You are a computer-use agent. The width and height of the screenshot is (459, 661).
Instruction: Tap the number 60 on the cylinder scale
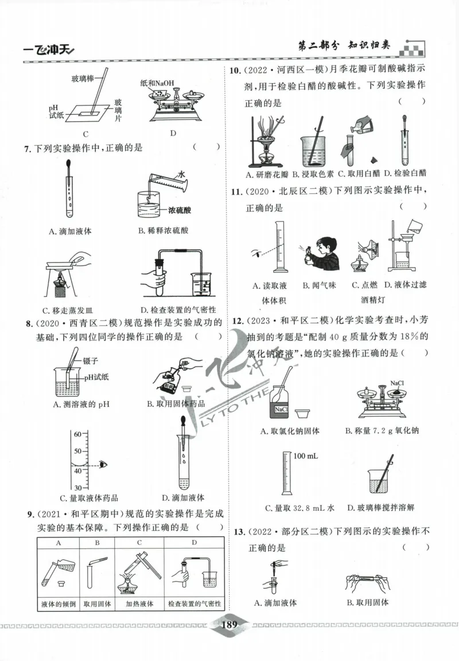76,435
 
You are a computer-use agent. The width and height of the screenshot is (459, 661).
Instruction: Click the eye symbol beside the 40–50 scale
103,463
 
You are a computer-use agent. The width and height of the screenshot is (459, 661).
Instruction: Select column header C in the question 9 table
139,542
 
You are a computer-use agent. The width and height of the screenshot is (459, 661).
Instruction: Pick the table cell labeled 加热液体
139,604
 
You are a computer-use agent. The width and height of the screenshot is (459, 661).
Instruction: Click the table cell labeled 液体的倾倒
56,604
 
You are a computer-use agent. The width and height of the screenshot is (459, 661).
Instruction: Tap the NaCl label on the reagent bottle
281,410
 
